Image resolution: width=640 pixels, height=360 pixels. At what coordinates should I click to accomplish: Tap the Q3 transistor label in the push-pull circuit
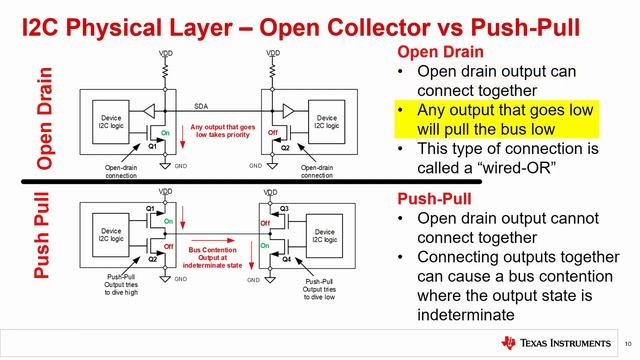point(284,208)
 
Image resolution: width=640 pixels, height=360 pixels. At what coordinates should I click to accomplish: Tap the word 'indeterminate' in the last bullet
point(462,313)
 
